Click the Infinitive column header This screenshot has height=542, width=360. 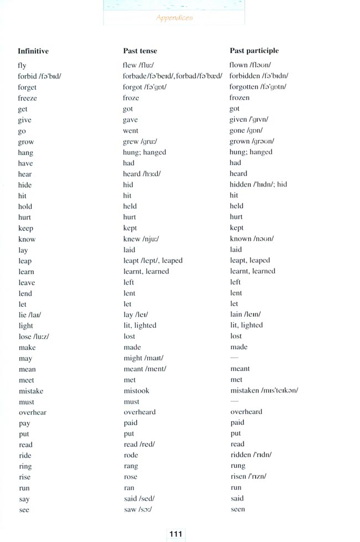tap(33, 51)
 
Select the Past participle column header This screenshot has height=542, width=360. tap(254, 51)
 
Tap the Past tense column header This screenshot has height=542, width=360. tap(140, 51)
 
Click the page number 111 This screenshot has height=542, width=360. tap(176, 534)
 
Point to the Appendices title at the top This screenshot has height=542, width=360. tap(174, 18)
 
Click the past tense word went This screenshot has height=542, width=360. tap(131, 131)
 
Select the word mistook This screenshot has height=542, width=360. tap(136, 391)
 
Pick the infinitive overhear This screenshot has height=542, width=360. tap(33, 412)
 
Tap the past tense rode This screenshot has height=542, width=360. tap(131, 456)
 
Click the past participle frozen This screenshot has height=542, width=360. tap(240, 98)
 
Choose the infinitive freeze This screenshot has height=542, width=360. tap(28, 99)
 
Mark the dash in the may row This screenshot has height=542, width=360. tap(234, 358)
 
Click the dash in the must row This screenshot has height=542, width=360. tap(234, 401)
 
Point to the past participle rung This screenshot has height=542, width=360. tap(238, 466)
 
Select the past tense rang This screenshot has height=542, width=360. tap(131, 467)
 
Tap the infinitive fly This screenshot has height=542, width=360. tap(22, 66)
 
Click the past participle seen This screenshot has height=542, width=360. tap(238, 509)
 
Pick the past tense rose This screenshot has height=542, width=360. tap(131, 477)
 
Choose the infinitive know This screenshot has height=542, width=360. tap(27, 239)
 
